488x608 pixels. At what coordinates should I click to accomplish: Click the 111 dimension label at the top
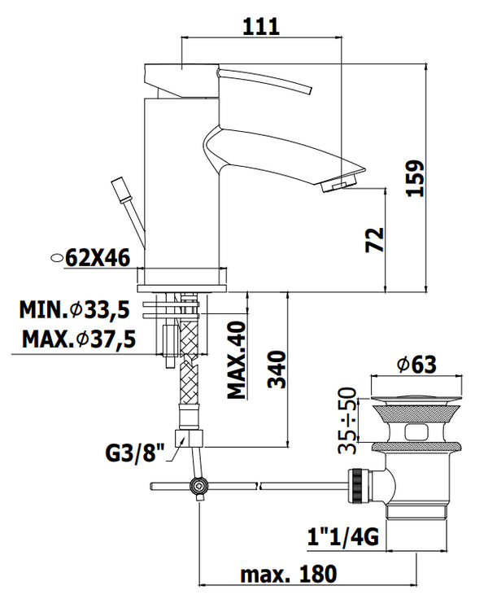261,27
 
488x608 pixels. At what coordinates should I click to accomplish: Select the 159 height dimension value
416,178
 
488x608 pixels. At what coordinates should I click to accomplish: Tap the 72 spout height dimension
374,240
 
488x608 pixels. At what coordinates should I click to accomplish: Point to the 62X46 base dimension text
98,257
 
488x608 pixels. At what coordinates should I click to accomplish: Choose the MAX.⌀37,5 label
79,339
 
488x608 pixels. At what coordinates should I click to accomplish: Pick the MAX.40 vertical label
237,360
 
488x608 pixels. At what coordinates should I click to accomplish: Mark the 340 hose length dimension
277,370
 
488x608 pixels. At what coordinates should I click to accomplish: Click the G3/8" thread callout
135,453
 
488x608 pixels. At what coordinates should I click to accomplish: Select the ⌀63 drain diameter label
417,364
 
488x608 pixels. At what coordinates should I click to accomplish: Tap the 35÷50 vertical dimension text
347,420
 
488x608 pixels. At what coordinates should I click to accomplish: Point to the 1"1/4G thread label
343,536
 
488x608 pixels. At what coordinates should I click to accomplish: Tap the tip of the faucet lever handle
310,90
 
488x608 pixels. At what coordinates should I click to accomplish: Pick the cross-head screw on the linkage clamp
198,485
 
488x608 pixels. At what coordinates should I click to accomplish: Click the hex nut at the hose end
189,438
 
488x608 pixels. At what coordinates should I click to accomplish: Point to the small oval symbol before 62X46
57,257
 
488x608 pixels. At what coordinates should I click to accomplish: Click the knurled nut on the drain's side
355,486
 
